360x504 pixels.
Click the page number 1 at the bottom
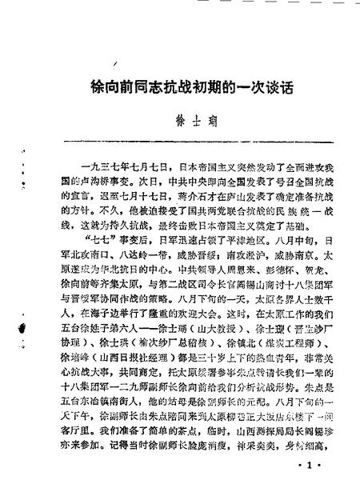308,482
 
